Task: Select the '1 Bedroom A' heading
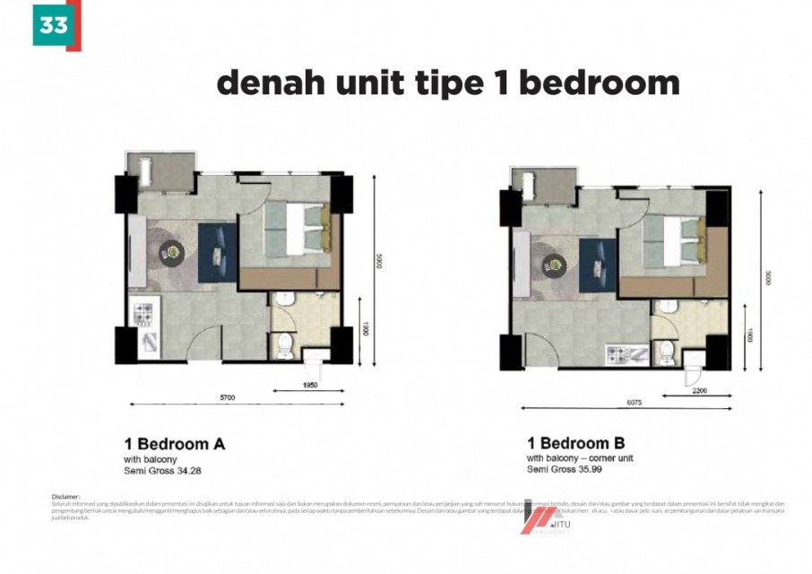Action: (x=174, y=444)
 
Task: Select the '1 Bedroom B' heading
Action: (x=576, y=443)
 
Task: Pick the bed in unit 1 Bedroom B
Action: (x=673, y=241)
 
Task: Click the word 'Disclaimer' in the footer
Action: (x=67, y=495)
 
